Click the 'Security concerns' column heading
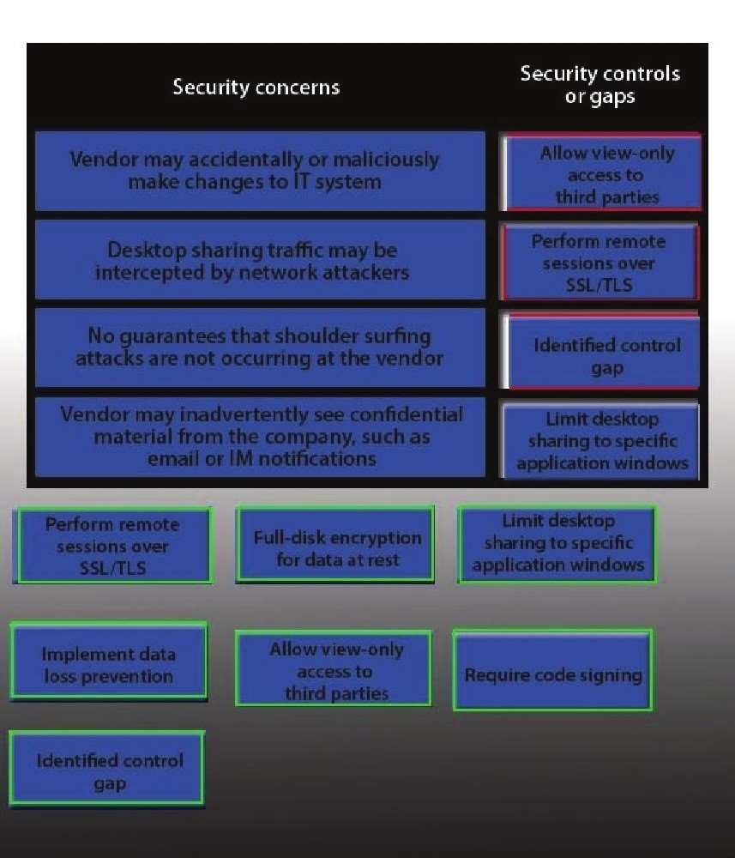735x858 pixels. [256, 88]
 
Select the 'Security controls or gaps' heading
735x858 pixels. [600, 85]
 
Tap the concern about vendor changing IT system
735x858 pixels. [261, 171]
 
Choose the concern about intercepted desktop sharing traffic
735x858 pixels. [261, 261]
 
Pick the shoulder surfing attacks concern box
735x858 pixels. [261, 347]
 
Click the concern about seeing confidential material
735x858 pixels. [261, 437]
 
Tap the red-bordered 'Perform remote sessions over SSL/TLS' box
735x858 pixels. [599, 262]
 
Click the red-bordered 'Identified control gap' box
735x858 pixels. [599, 351]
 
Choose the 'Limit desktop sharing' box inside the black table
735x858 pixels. [600, 441]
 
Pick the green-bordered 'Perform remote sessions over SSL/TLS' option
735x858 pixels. [112, 546]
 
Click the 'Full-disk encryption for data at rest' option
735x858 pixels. [335, 545]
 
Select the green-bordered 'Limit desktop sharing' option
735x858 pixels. [557, 543]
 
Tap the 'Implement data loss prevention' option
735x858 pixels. [108, 661]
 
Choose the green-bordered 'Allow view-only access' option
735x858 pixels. [334, 668]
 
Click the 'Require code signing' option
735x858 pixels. [553, 670]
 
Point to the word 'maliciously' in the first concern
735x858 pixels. [386, 160]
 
